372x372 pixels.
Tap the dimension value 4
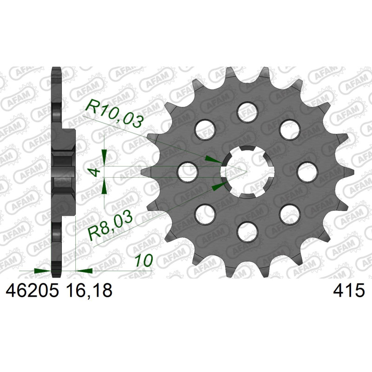pyautogui.click(x=95, y=172)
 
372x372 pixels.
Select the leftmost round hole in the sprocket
pyautogui.click(x=188, y=172)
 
